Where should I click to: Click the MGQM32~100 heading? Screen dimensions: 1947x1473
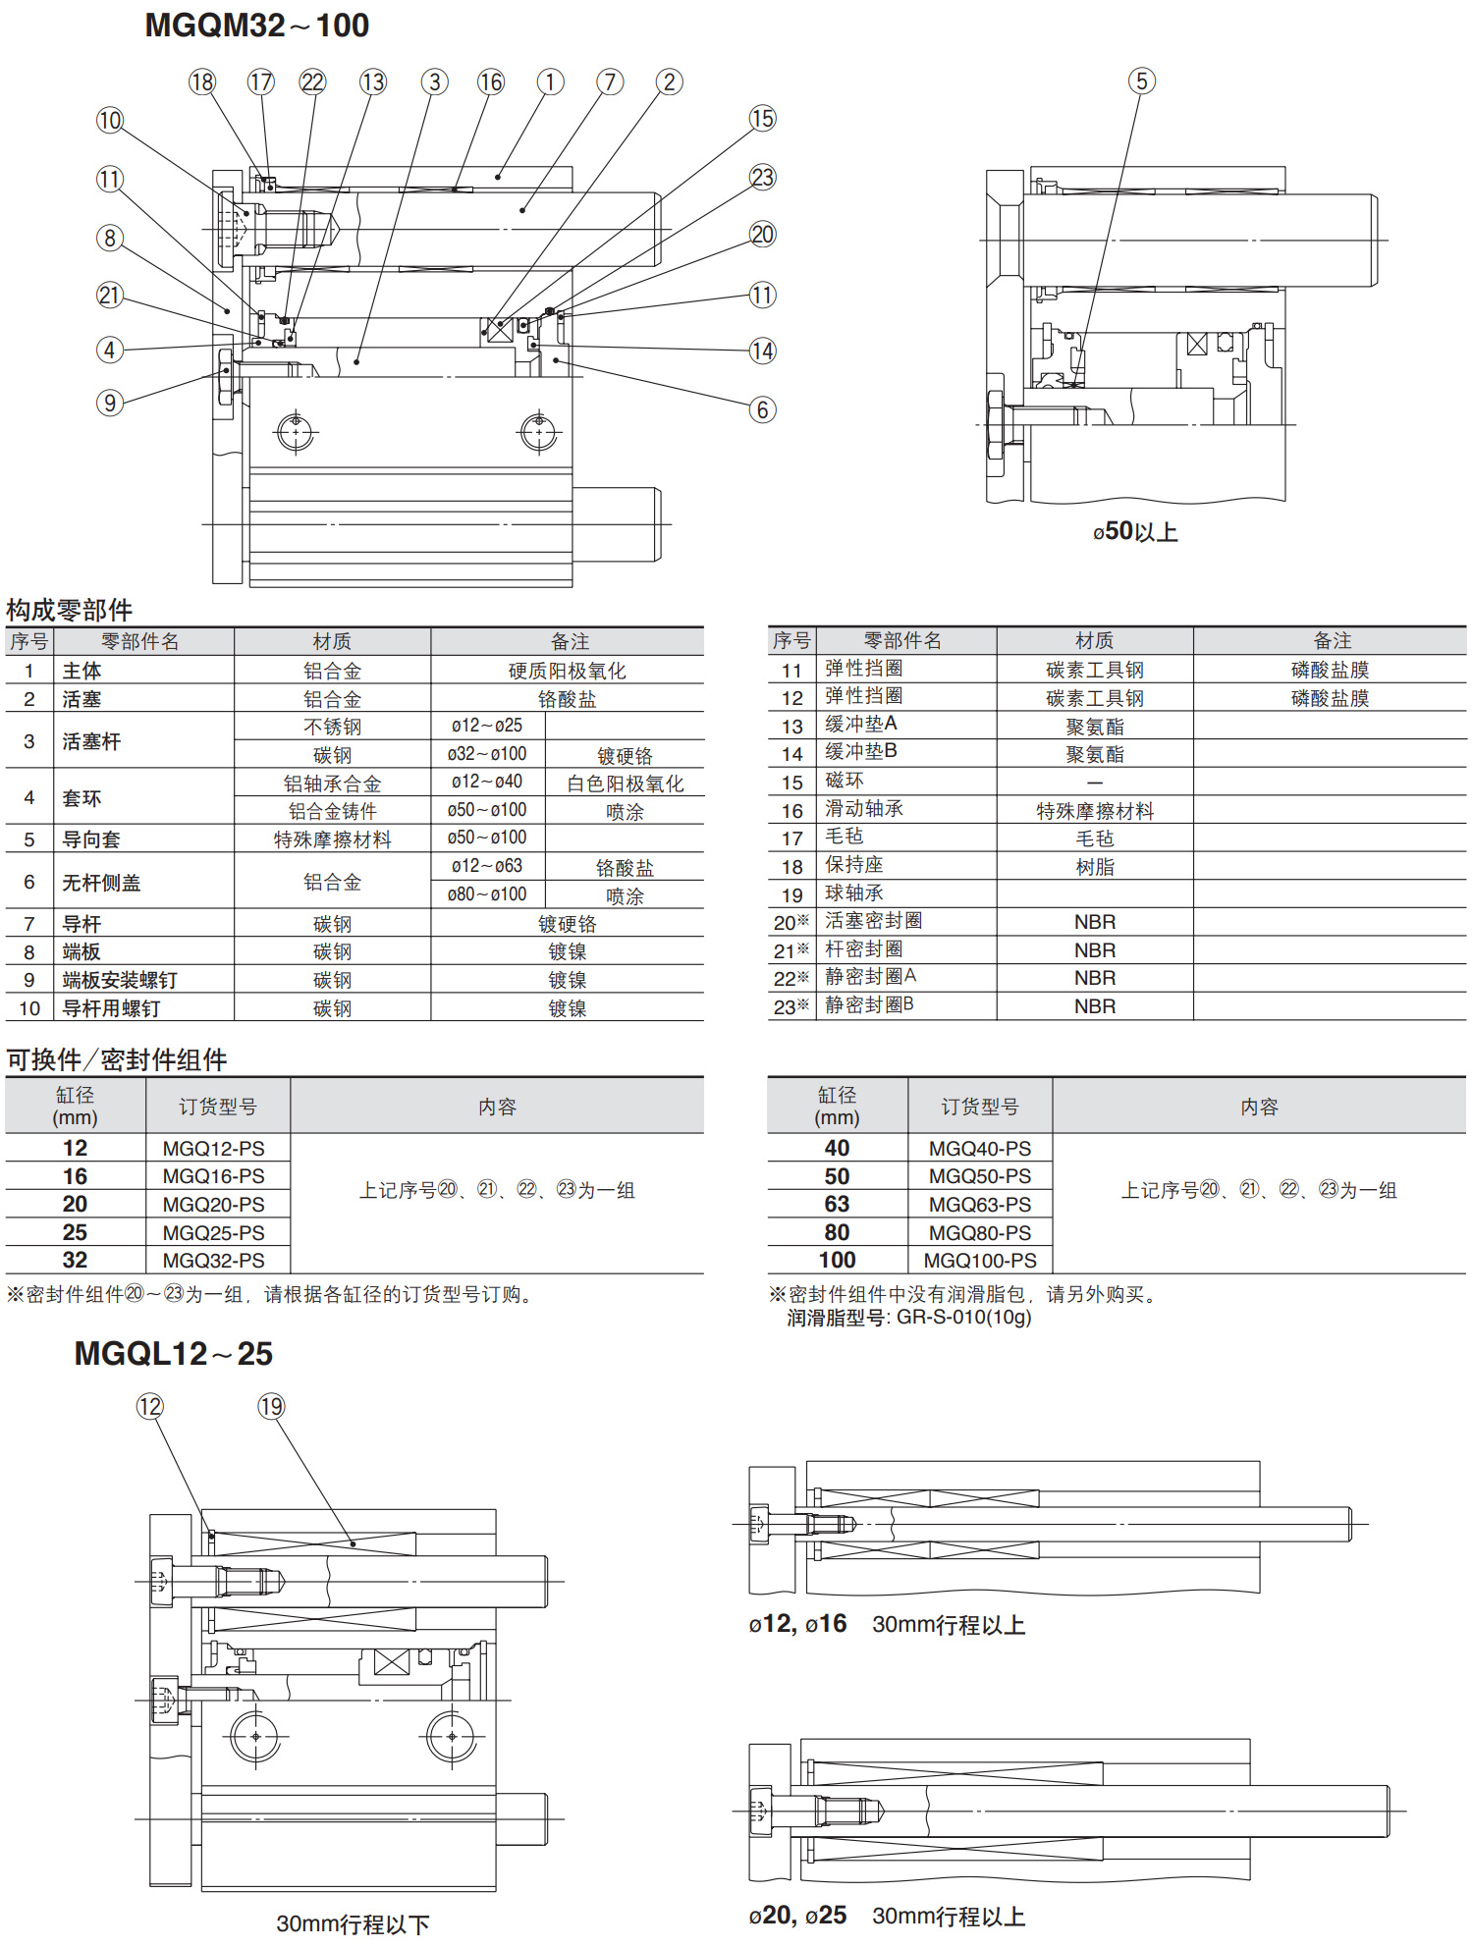pos(256,26)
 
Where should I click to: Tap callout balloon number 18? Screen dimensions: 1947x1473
pos(202,82)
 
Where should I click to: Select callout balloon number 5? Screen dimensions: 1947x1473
pos(1141,81)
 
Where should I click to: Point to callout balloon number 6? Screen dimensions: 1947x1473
pos(762,409)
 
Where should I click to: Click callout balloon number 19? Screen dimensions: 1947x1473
pos(271,1407)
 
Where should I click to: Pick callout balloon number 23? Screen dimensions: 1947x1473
pos(762,178)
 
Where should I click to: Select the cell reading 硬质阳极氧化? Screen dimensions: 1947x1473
pos(567,672)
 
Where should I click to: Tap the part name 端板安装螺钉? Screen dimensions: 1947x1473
pos(120,981)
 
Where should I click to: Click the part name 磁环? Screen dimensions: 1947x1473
pos(845,781)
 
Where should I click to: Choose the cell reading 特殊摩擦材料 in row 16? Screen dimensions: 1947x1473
pos(1094,811)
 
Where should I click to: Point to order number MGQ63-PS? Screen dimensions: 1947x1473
pos(979,1205)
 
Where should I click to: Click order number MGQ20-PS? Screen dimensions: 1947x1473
pos(213,1205)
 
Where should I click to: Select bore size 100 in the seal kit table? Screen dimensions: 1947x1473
pos(837,1261)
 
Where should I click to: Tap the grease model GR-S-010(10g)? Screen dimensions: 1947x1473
pos(963,1318)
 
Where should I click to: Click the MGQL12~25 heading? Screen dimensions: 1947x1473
pos(173,1354)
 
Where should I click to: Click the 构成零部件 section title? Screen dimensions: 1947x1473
pos(69,611)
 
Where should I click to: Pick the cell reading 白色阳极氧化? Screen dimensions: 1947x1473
pos(625,784)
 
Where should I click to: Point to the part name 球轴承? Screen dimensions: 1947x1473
pos(853,893)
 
